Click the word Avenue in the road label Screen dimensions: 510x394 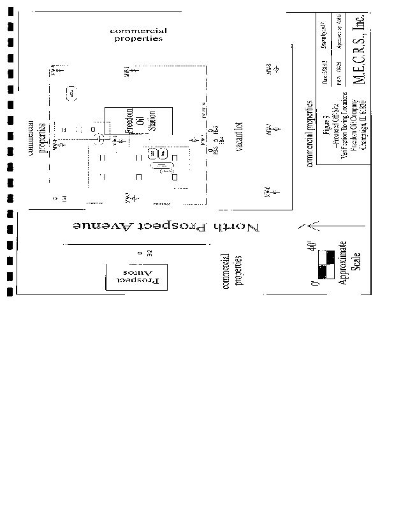point(105,228)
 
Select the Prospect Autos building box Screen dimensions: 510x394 point(136,276)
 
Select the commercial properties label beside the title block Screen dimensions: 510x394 point(310,133)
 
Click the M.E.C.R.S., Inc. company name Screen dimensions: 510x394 point(359,50)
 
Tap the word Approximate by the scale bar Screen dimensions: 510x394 point(344,262)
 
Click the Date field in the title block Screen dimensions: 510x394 point(325,70)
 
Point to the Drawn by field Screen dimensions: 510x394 point(324,39)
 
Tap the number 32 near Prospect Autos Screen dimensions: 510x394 point(149,254)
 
